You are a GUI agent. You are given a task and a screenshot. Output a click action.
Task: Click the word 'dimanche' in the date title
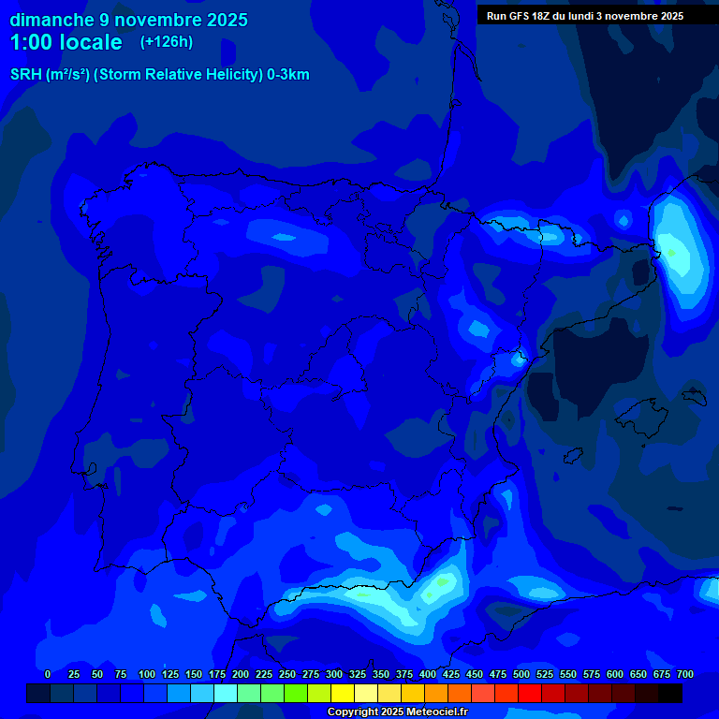[52, 20]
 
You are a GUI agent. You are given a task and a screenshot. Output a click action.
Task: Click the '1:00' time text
[31, 43]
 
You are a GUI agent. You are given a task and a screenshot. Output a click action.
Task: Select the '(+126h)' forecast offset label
[167, 42]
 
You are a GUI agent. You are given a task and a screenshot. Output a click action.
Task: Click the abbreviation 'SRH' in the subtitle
[26, 75]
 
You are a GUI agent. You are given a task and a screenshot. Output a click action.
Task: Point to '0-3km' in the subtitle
[288, 75]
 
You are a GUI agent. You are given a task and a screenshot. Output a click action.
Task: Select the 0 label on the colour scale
[48, 674]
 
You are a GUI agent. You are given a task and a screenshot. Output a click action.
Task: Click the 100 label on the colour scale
[147, 674]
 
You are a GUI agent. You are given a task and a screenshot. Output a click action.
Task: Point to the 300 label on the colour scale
[334, 674]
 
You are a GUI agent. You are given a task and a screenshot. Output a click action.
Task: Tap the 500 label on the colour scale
[521, 674]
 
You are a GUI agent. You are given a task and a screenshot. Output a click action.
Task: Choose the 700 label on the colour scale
[685, 674]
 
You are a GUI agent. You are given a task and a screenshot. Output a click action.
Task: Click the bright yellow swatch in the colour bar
[343, 693]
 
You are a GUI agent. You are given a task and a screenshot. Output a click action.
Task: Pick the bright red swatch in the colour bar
[530, 693]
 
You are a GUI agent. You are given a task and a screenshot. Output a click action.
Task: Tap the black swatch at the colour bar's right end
[670, 693]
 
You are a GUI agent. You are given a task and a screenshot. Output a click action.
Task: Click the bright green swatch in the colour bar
[296, 693]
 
